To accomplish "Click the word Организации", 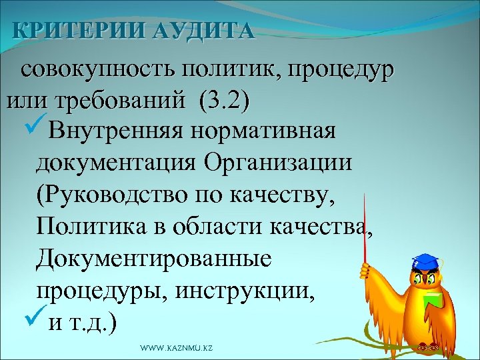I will [281, 162].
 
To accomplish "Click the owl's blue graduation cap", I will [423, 261].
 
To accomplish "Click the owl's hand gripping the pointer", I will [365, 270].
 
